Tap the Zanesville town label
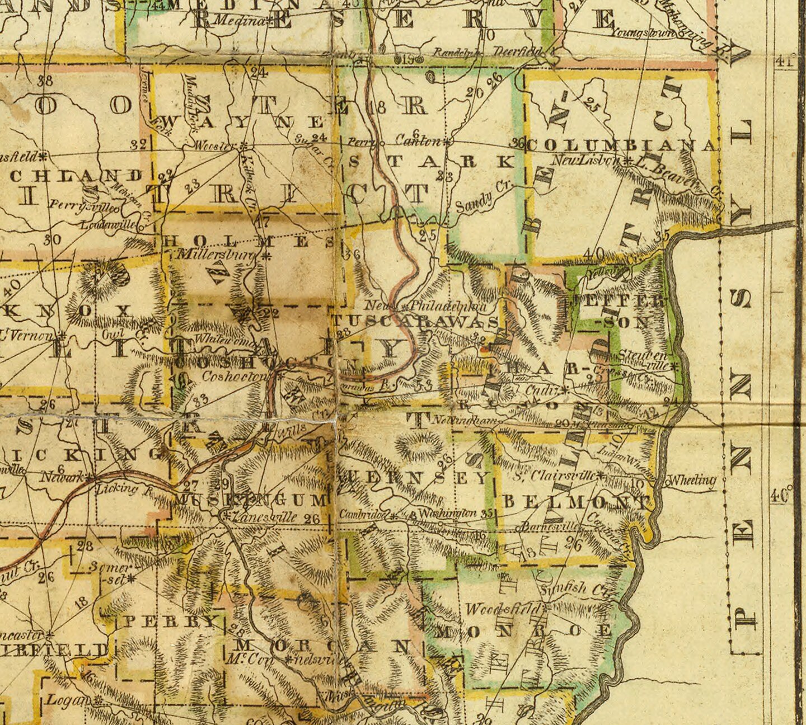[265, 517]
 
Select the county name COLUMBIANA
[621, 145]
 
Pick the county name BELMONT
[577, 501]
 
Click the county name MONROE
[523, 631]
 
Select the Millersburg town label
[215, 255]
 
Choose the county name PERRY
[169, 621]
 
